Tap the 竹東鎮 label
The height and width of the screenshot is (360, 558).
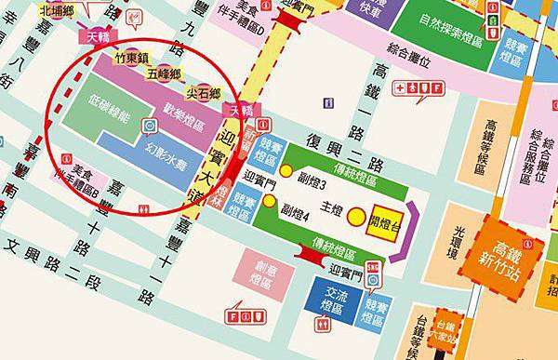[132, 57]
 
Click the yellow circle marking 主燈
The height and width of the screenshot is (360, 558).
[358, 218]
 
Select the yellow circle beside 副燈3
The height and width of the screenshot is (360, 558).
[287, 171]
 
